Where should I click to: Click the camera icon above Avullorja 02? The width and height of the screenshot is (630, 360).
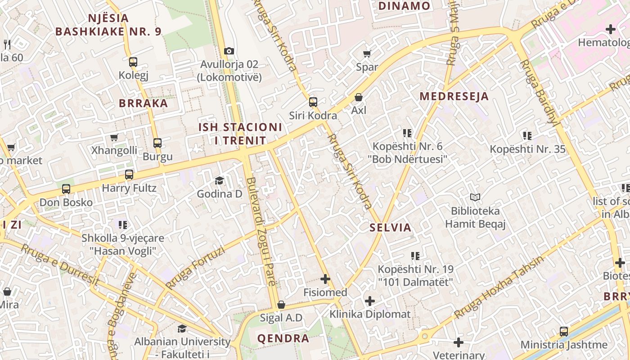pos(229,51)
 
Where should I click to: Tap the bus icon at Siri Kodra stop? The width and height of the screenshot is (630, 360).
pos(313,102)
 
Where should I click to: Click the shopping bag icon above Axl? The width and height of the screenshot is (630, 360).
pos(359,97)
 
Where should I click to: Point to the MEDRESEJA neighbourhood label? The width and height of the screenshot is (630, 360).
pos(454,96)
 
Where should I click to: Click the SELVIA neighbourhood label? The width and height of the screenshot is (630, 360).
pos(391,228)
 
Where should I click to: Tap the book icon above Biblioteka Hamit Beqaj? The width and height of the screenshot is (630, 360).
pos(475,197)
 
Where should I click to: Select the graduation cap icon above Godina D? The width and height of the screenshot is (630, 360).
pos(219,181)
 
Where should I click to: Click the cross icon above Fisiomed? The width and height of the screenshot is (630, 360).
pos(325,279)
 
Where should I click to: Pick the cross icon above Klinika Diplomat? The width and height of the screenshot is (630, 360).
pos(370,301)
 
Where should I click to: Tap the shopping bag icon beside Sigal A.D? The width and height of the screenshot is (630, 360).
pos(281,305)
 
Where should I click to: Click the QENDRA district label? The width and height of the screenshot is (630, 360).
pos(283,338)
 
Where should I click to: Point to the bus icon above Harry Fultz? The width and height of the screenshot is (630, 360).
pos(129,175)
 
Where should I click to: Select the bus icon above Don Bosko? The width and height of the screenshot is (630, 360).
pos(66,189)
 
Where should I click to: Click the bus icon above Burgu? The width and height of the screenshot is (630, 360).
pos(157,143)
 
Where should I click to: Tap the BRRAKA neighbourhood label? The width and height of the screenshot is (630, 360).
pos(143,103)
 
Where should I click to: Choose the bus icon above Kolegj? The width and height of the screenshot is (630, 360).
pos(133,62)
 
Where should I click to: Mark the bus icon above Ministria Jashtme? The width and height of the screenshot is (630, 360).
pos(564,332)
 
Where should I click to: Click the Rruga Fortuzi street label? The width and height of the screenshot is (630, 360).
pos(195,269)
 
